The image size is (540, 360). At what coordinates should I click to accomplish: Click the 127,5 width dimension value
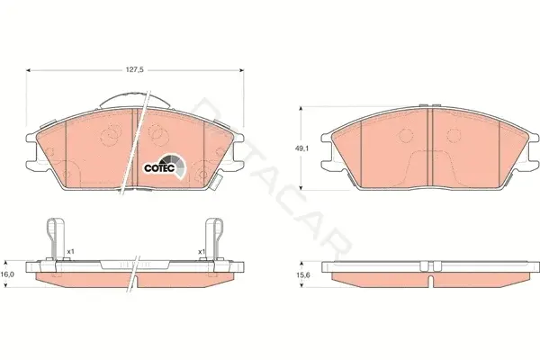click(x=135, y=70)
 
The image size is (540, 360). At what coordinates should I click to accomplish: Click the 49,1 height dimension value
click(x=301, y=148)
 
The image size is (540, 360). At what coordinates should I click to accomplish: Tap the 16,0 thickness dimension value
click(x=7, y=274)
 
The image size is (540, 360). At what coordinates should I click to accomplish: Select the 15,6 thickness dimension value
click(x=302, y=274)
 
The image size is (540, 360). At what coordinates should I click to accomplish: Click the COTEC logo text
click(x=160, y=168)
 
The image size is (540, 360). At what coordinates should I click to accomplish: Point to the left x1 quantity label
click(x=70, y=252)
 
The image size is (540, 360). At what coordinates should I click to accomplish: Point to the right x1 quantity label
click(x=202, y=252)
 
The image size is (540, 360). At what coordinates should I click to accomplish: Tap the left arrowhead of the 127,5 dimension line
click(x=28, y=70)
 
